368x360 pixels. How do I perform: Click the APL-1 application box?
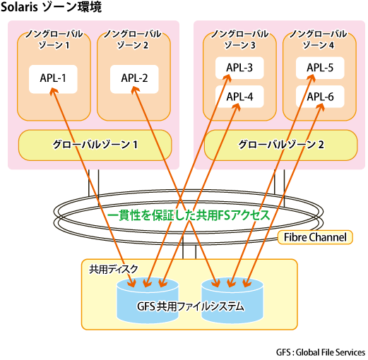tap(53, 79)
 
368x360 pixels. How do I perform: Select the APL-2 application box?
tap(134, 79)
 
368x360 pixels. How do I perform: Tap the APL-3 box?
tap(239, 68)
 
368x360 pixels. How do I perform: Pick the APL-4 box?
tap(239, 97)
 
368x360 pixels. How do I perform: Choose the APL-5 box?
tap(320, 68)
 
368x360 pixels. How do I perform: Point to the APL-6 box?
tap(320, 97)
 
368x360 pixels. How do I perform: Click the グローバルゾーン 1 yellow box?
tap(95, 145)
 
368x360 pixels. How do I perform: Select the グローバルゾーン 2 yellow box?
tap(280, 145)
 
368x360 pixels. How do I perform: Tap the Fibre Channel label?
tap(315, 237)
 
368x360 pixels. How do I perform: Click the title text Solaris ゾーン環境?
tap(51, 7)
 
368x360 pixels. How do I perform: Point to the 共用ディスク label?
tap(113, 269)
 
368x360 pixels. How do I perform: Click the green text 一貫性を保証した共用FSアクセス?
tap(189, 215)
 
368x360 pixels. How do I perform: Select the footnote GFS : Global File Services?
tap(321, 352)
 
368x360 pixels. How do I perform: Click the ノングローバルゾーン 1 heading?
tap(54, 40)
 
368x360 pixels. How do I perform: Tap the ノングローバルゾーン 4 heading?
tap(318, 40)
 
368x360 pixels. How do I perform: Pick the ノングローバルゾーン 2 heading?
tap(133, 40)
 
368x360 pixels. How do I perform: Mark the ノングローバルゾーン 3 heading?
tap(239, 40)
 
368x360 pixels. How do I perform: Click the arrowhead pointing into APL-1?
tap(54, 90)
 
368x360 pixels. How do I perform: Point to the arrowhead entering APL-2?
tap(135, 90)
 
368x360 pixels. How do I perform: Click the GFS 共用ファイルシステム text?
tap(190, 306)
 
